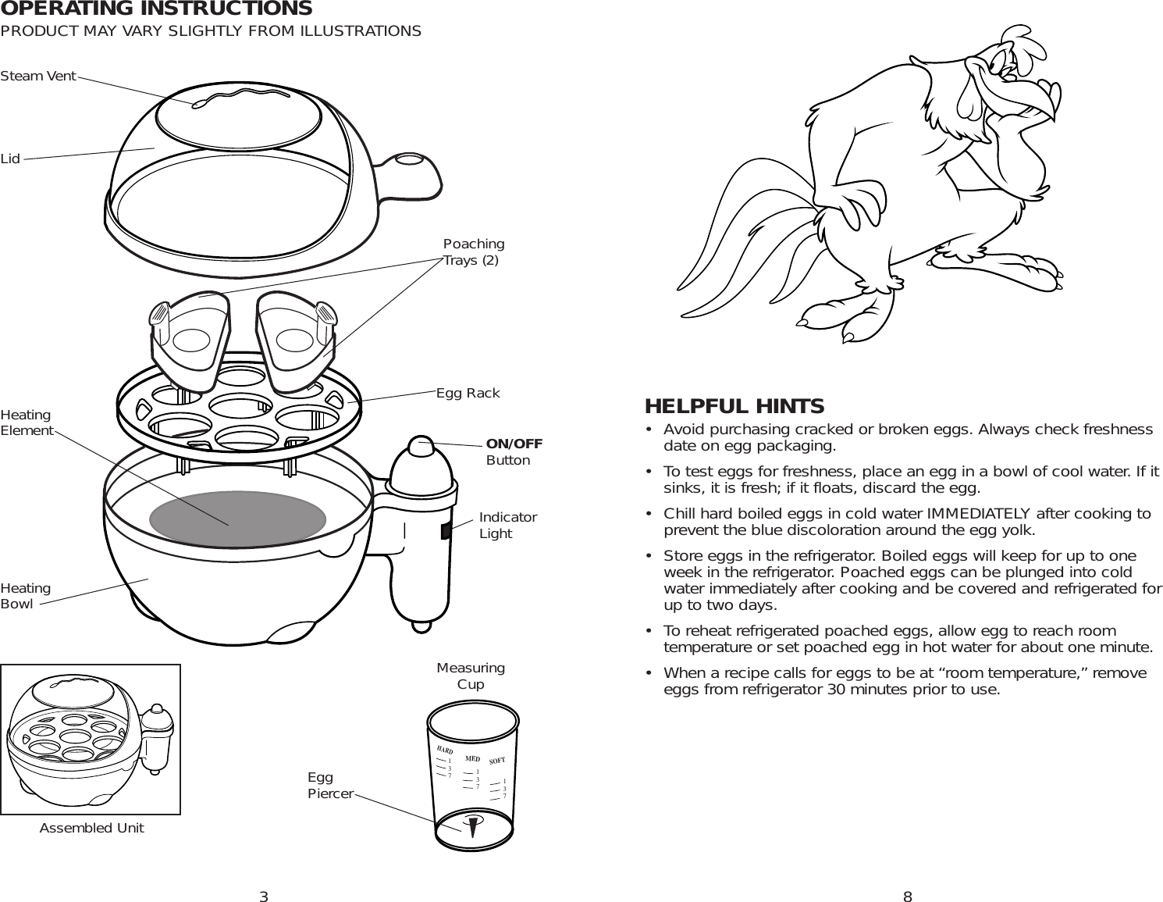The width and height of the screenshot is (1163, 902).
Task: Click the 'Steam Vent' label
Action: coord(38,76)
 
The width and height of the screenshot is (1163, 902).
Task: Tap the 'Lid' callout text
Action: coord(10,159)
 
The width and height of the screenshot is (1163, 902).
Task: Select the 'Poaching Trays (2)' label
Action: coord(473,252)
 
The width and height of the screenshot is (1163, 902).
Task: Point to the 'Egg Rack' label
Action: coord(468,393)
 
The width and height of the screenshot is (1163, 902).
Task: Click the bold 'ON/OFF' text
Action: coord(514,444)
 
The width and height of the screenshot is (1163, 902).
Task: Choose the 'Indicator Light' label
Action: coord(507,526)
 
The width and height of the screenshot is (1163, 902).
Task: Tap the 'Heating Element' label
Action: coord(27,422)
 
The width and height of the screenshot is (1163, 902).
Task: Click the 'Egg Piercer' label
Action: coord(330,786)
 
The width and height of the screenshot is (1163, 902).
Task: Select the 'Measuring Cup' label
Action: coord(471,676)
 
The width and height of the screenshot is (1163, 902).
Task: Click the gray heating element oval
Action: coord(237,519)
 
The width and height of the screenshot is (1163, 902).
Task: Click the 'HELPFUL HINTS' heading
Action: coord(734,406)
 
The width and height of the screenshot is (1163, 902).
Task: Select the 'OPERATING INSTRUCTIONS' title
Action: coord(156,9)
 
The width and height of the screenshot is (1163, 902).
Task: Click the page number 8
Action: coord(907,897)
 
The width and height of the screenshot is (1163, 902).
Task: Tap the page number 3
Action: coord(264,897)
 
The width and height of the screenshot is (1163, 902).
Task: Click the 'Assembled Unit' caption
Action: coord(91,828)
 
